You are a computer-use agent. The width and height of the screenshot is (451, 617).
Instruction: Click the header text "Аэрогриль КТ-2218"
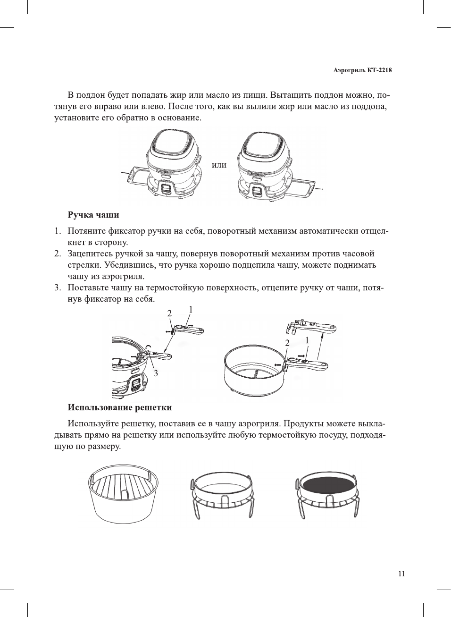tap(362, 70)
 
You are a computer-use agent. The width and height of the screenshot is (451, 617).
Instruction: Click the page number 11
tap(401, 574)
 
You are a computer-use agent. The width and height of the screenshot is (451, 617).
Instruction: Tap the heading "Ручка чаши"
tap(93, 215)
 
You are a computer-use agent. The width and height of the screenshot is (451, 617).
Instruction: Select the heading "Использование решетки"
tap(120, 407)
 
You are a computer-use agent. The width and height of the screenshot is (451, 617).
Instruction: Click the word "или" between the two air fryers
tap(219, 165)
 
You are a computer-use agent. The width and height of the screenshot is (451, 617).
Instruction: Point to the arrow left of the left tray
tap(125, 173)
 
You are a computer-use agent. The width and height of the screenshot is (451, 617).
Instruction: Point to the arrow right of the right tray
tap(319, 188)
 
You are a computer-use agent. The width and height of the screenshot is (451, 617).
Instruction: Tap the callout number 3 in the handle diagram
tap(156, 373)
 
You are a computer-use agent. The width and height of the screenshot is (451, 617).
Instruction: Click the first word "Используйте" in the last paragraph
tap(93, 423)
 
